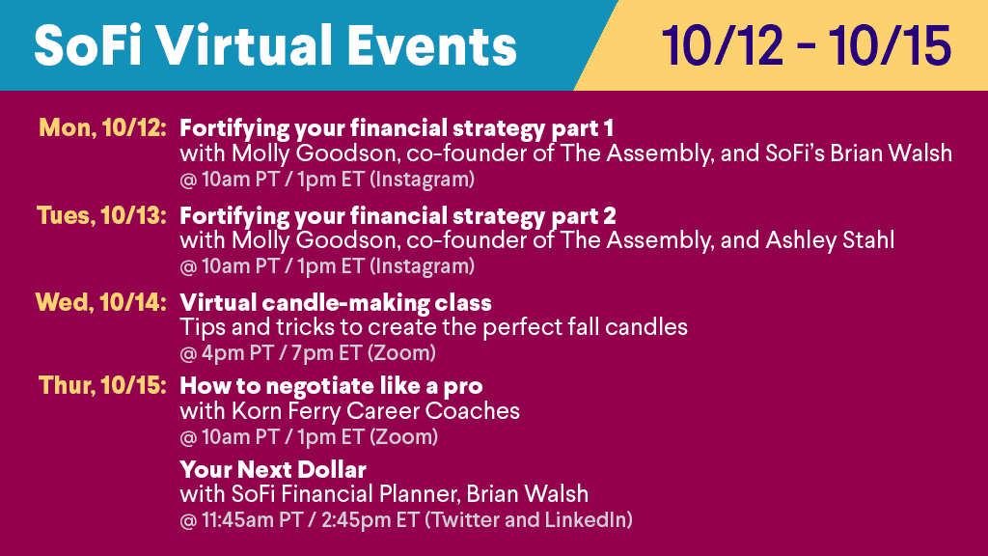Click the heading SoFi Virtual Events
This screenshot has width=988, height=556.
(275, 46)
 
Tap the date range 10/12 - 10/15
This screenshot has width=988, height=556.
(806, 46)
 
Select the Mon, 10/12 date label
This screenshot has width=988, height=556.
(102, 128)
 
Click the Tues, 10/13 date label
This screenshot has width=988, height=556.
(101, 215)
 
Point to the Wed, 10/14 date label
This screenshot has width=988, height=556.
(100, 302)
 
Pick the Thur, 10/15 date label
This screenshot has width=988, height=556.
(102, 385)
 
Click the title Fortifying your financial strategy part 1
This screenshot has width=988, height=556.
(397, 128)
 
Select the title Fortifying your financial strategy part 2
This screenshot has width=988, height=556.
(398, 216)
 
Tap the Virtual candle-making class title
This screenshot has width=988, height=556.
(336, 303)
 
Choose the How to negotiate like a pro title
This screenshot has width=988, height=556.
(332, 386)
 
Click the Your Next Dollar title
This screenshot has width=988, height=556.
(273, 470)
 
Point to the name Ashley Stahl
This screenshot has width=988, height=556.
(830, 240)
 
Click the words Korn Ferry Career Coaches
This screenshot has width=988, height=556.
(375, 411)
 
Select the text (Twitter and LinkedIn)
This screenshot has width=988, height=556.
(529, 520)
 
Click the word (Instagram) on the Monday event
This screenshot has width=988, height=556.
(423, 180)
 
